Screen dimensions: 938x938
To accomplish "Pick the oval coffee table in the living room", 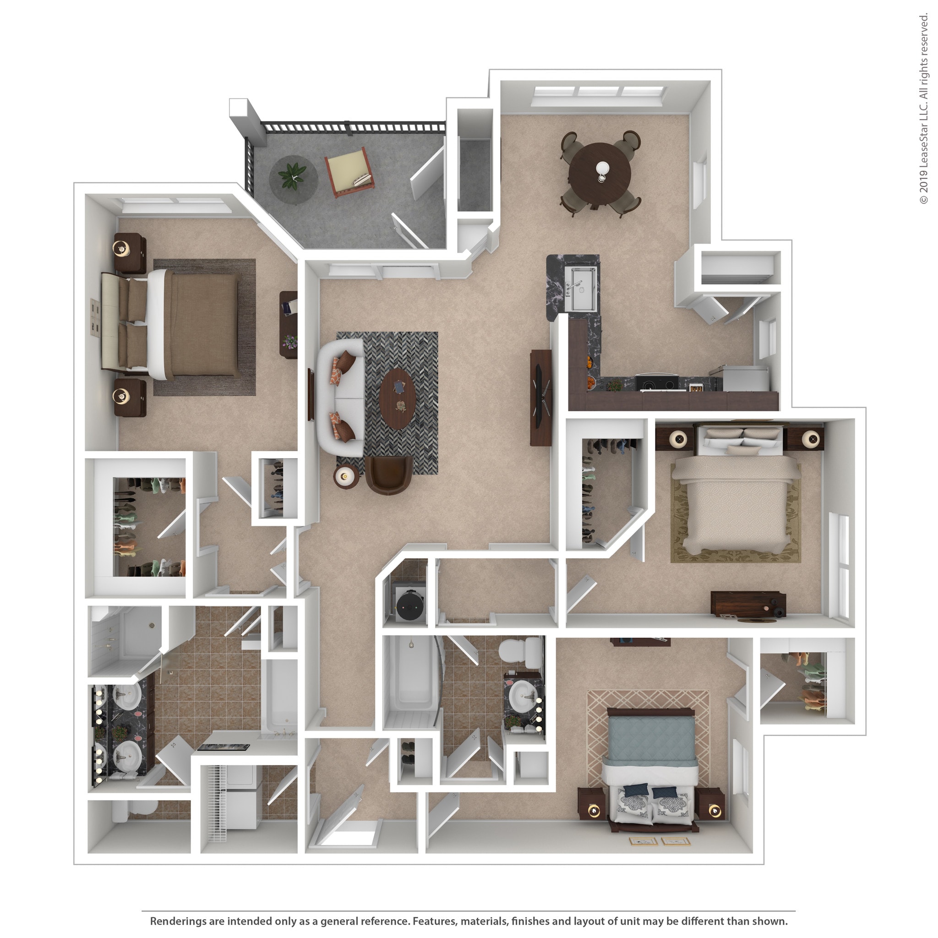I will click(x=398, y=398).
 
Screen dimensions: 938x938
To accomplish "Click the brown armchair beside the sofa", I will click(x=388, y=474).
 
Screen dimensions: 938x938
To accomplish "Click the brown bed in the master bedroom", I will click(x=194, y=324).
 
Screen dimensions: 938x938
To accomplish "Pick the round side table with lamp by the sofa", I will click(x=346, y=476).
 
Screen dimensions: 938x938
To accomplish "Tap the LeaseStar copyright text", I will click(x=923, y=109).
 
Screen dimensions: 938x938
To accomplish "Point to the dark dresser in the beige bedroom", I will click(x=747, y=604).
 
